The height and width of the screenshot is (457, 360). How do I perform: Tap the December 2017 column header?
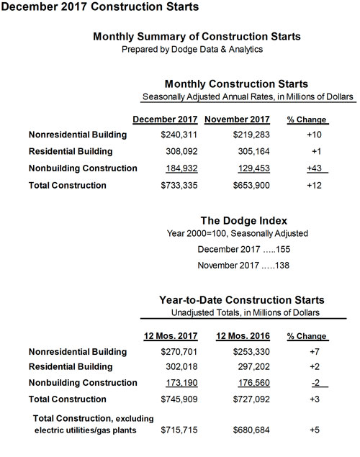point(166,119)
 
